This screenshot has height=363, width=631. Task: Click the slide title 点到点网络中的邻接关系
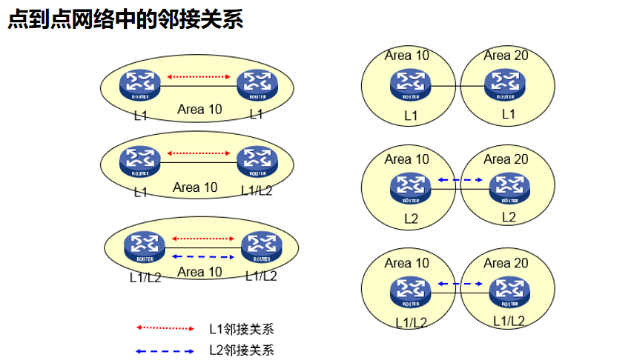[x=125, y=19]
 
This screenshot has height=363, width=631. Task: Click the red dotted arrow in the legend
[x=165, y=327]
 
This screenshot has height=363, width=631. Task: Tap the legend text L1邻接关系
[x=242, y=328]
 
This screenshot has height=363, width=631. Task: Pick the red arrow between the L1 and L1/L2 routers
[x=199, y=153]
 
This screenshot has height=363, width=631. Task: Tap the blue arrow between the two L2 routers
[x=460, y=179]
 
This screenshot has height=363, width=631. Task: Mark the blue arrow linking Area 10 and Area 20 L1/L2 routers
[x=460, y=283]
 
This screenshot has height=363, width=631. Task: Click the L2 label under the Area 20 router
[x=509, y=217]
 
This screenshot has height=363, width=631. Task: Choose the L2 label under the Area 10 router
[x=411, y=219]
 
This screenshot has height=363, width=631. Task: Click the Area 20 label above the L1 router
[x=506, y=56]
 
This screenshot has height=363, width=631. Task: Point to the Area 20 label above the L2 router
[x=506, y=159]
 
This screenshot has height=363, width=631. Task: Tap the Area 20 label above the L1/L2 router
[x=506, y=263]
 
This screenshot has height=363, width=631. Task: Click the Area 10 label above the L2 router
[x=407, y=159]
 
